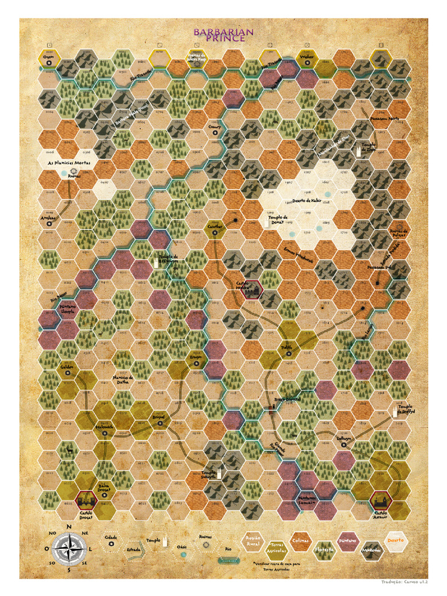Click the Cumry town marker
click(x=215, y=133)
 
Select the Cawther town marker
click(x=215, y=232)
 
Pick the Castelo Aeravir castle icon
click(x=380, y=499)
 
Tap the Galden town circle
click(x=68, y=373)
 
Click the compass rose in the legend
click(x=69, y=549)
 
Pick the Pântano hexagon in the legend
click(x=347, y=540)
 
